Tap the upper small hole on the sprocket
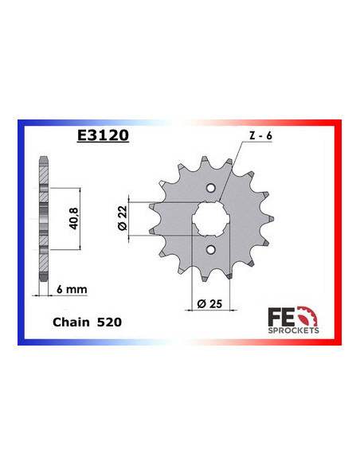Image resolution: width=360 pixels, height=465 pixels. [x=211, y=188]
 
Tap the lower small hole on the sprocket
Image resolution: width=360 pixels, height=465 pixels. [x=211, y=250]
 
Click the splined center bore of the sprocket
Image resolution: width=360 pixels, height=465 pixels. [x=211, y=219]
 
